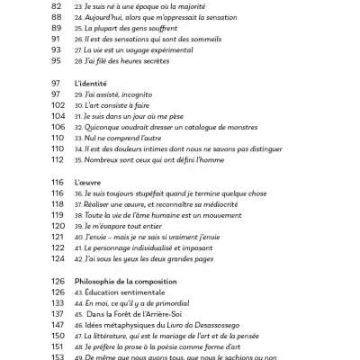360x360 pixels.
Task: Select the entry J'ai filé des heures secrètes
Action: [132, 62]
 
